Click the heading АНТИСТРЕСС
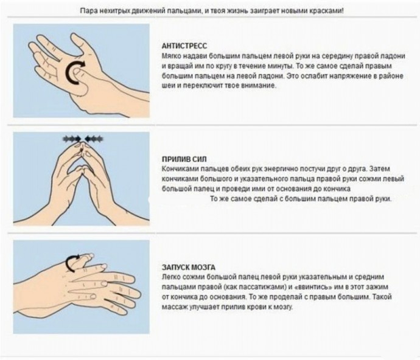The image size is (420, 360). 184,46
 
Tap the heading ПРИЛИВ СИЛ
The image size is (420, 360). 184,159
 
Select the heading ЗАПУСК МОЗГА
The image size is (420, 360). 189,268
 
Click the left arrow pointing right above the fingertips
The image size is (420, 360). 72,139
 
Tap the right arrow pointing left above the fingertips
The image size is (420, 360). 94,139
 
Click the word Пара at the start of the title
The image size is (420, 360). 87,11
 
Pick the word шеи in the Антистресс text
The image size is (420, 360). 167,86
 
